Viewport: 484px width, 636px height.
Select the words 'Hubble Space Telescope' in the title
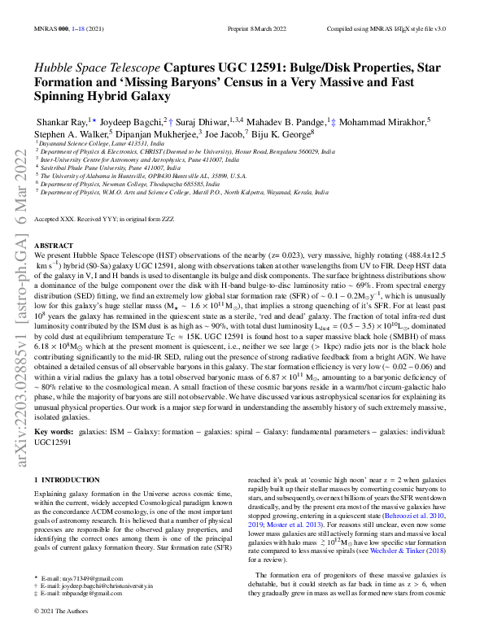(97, 68)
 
